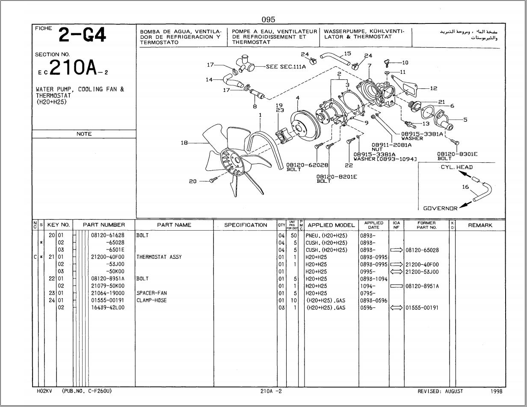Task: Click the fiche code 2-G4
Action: click(x=82, y=35)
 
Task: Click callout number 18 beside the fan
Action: click(x=184, y=143)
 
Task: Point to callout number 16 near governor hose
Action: click(x=465, y=187)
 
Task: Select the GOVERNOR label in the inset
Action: click(x=440, y=208)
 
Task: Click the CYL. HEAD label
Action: click(x=456, y=167)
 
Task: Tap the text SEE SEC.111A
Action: click(x=286, y=67)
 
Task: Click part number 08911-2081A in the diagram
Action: click(x=391, y=145)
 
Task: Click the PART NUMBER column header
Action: click(x=104, y=225)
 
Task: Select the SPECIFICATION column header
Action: click(x=246, y=225)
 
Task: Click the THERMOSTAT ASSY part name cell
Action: click(x=159, y=257)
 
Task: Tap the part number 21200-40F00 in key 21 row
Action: click(x=107, y=257)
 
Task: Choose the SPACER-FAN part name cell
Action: click(x=151, y=293)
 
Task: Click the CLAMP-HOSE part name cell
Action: click(x=151, y=301)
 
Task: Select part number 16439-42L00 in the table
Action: click(x=107, y=307)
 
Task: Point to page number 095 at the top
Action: click(x=268, y=19)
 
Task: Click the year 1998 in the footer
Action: click(x=496, y=391)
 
